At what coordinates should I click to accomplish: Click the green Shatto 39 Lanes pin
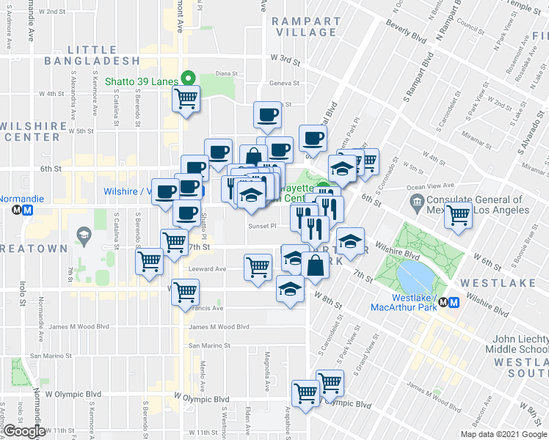(188, 76)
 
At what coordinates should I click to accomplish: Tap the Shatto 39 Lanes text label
(142, 81)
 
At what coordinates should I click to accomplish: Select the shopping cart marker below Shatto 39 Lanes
(186, 98)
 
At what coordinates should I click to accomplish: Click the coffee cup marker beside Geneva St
(267, 114)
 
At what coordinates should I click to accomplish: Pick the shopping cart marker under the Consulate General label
(459, 216)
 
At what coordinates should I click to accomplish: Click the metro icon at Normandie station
(26, 210)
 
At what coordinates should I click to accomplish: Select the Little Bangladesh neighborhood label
(92, 60)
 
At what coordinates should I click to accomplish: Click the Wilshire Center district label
(34, 131)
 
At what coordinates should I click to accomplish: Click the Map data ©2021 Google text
(503, 434)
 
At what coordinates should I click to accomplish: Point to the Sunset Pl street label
(261, 226)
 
